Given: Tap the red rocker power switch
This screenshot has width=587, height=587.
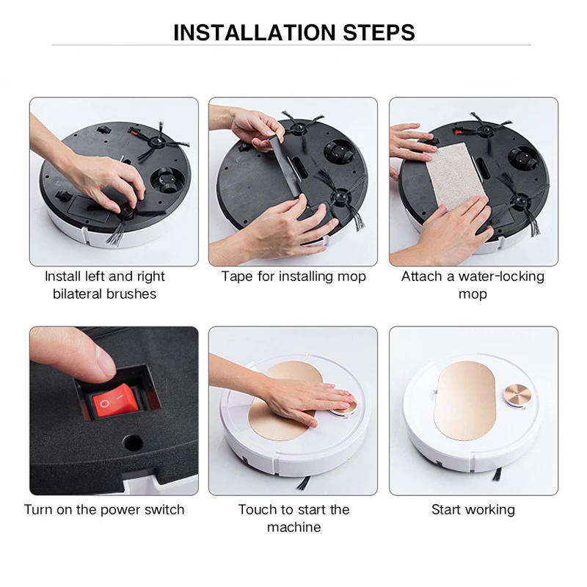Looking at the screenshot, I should (x=112, y=403).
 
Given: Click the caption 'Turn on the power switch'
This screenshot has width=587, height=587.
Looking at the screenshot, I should (x=104, y=509).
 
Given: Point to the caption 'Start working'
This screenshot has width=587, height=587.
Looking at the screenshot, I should (x=473, y=509).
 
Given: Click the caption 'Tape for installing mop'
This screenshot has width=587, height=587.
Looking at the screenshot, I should (x=293, y=277).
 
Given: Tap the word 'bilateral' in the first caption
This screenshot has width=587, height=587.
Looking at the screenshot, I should (x=81, y=293).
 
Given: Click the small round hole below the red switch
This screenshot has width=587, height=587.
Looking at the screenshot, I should (x=133, y=442).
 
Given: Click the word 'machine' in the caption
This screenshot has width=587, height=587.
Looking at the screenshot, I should (x=293, y=527).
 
